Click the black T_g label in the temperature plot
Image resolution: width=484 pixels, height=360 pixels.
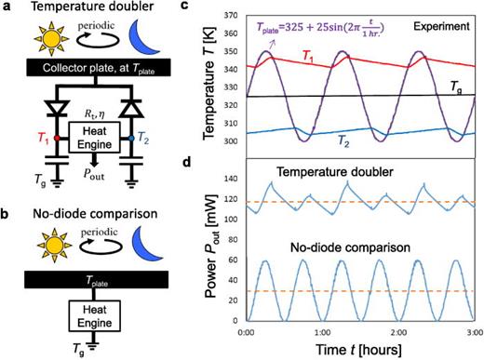click(x=452, y=86)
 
